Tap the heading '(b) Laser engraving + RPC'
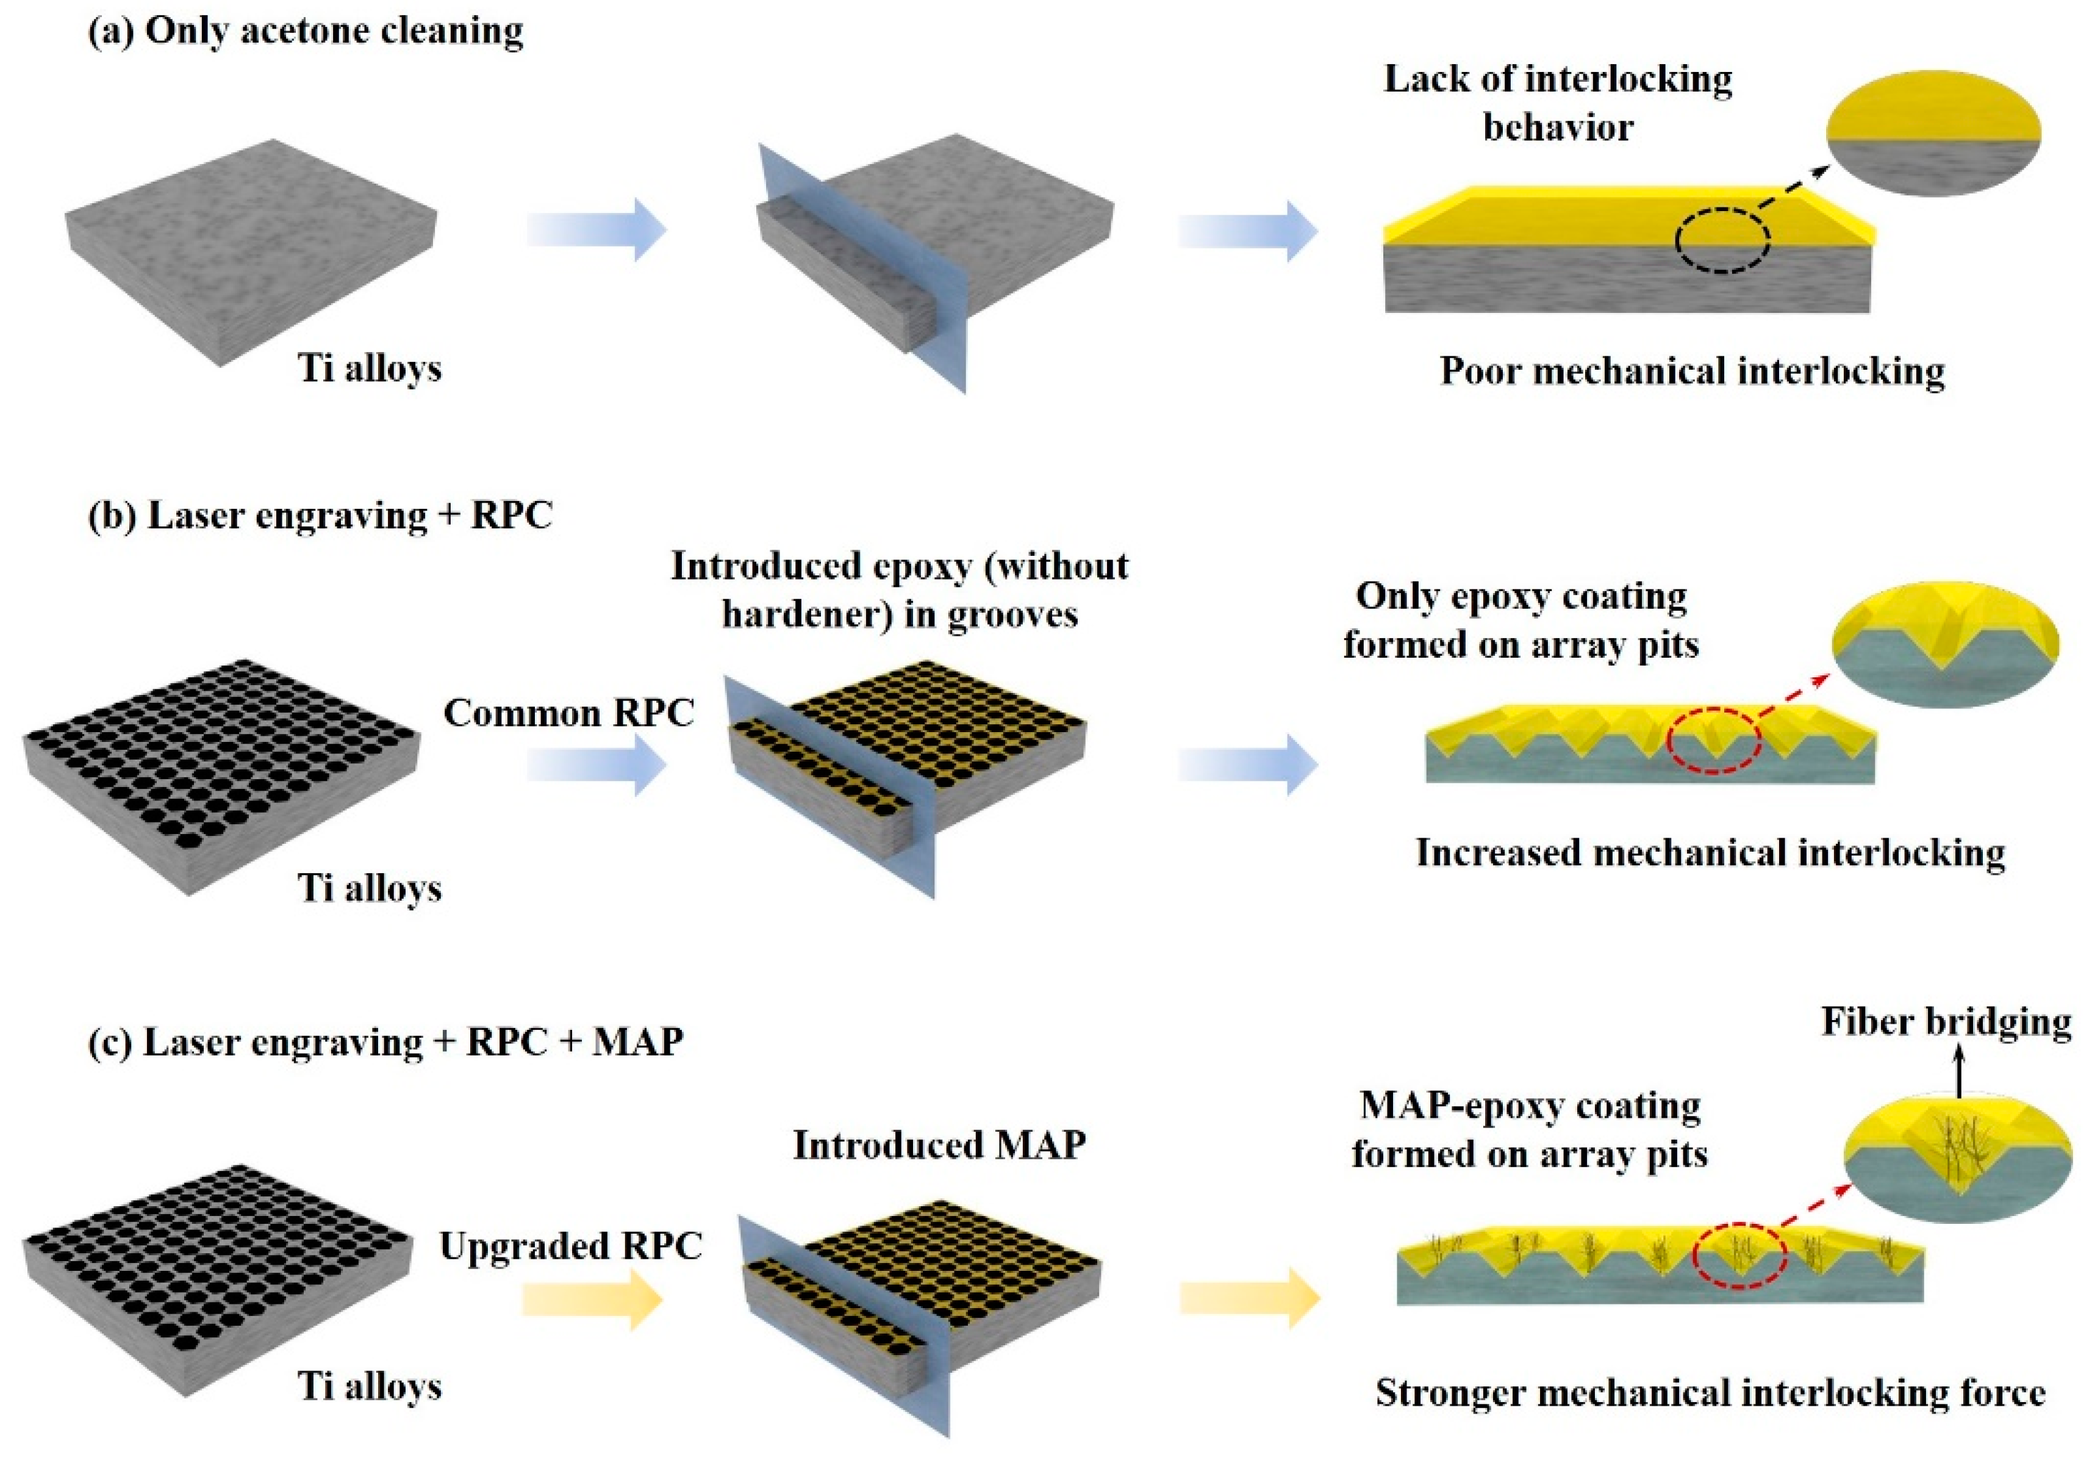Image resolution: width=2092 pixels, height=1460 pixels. click(x=321, y=516)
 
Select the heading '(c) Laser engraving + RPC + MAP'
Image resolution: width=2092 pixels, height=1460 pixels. click(x=385, y=1041)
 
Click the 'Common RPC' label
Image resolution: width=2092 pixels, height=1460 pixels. click(x=568, y=713)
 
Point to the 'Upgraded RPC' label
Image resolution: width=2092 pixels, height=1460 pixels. click(x=570, y=1246)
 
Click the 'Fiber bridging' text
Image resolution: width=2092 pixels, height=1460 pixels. click(x=1946, y=1022)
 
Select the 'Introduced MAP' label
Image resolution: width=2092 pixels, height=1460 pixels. click(x=939, y=1146)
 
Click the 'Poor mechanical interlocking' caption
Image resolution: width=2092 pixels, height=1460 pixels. click(x=1692, y=371)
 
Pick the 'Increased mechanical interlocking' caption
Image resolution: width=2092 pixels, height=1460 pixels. click(x=1710, y=853)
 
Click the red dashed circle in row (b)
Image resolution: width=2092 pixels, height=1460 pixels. click(x=1713, y=740)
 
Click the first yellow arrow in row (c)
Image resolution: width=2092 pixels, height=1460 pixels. click(x=592, y=1299)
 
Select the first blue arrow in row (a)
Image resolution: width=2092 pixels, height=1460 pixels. click(x=597, y=229)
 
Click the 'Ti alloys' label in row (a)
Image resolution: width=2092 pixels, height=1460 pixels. click(x=370, y=368)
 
